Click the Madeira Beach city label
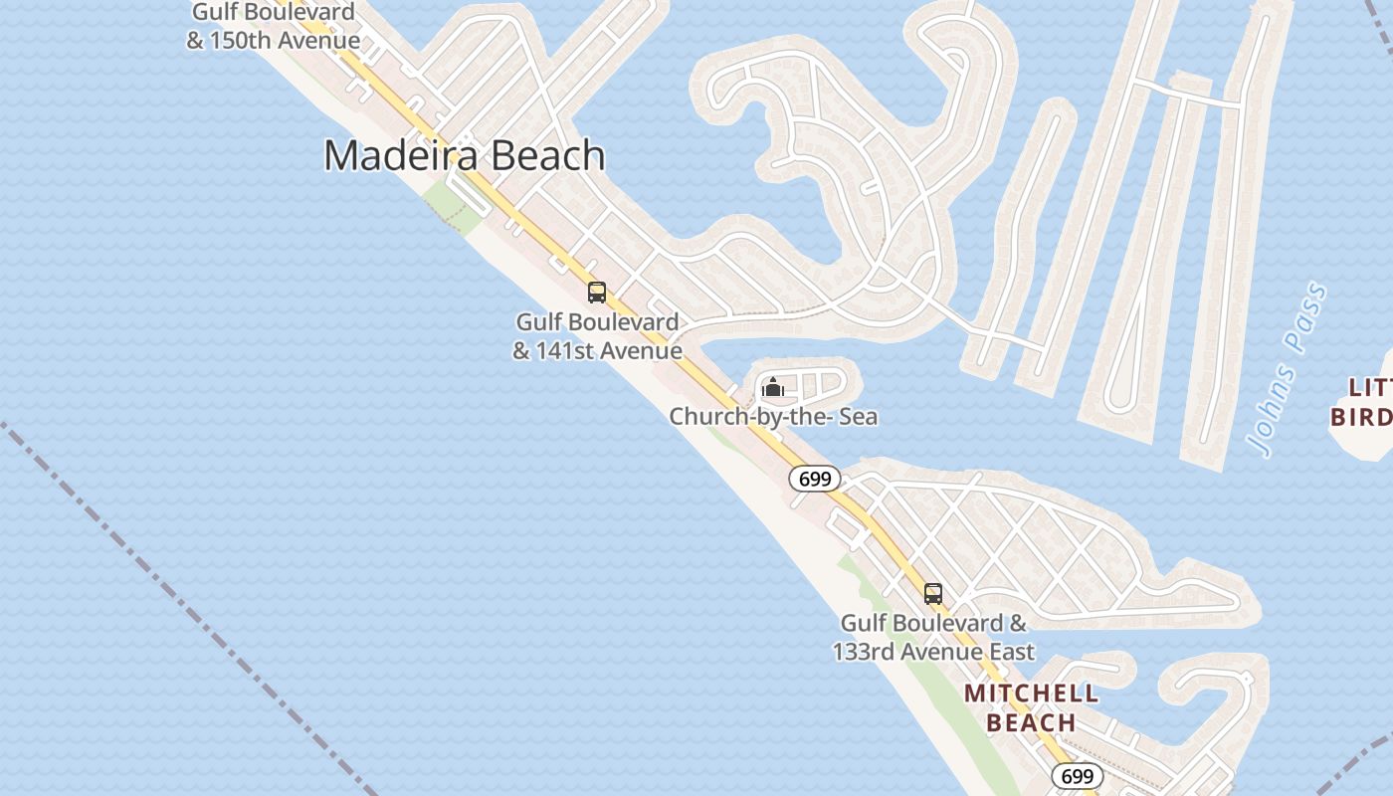(x=465, y=156)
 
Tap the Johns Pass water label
(x=1291, y=370)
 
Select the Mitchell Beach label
(x=1031, y=707)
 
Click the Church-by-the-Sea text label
(x=773, y=416)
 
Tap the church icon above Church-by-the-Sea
(x=773, y=387)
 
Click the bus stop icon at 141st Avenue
(x=597, y=293)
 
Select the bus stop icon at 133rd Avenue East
(x=933, y=594)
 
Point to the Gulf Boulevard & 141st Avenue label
(x=597, y=336)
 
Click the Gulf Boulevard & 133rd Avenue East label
(x=933, y=637)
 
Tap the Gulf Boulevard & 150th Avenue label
(x=274, y=27)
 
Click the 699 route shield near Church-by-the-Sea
(x=815, y=479)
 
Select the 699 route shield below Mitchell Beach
(x=1077, y=776)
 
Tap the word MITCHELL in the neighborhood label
(x=1031, y=694)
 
